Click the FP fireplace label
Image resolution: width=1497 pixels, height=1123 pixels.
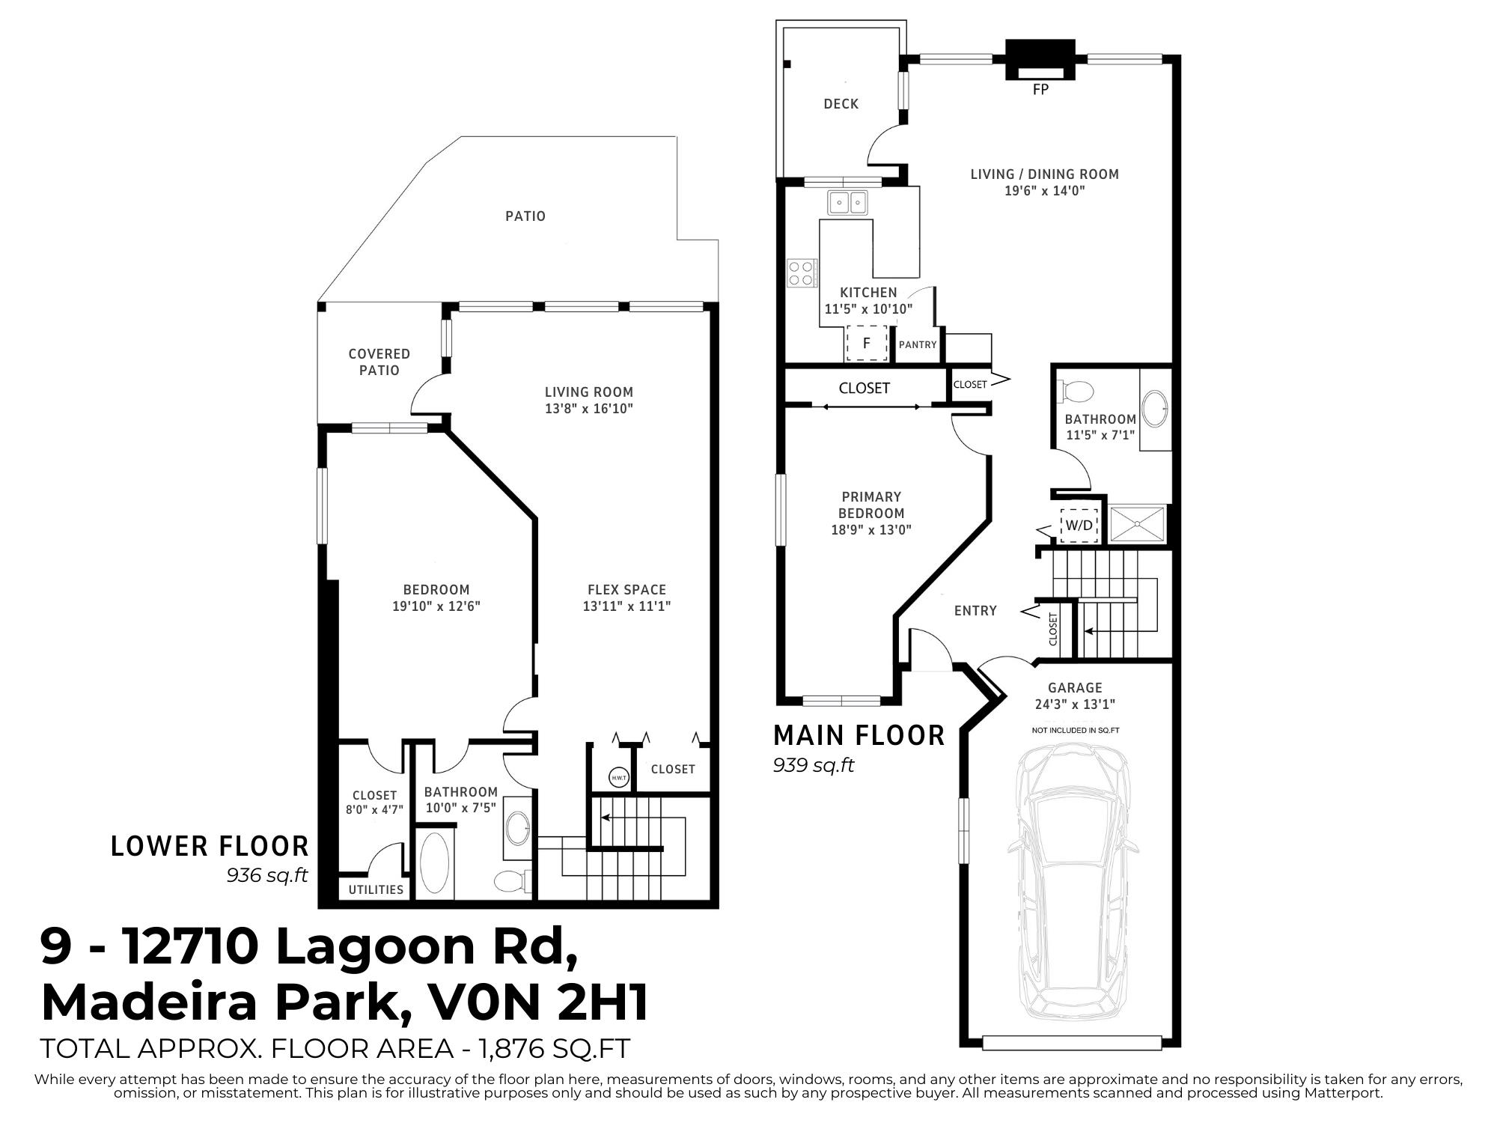click(x=1040, y=90)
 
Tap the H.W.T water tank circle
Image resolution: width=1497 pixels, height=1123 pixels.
click(x=619, y=778)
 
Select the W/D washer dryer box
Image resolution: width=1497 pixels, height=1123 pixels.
click(x=1079, y=525)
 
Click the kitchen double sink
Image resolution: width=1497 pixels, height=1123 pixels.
click(x=847, y=202)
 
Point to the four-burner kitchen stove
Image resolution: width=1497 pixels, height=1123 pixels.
click(x=802, y=273)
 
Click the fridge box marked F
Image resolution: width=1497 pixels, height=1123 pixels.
click(x=867, y=344)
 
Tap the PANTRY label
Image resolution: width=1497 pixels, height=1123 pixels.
click(x=918, y=345)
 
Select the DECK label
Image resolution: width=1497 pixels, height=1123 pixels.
click(x=841, y=104)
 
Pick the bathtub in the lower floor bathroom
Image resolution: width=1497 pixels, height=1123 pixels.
click(x=435, y=863)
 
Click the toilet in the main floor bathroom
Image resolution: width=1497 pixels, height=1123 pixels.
click(x=1075, y=391)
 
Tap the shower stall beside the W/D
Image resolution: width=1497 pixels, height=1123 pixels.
click(x=1137, y=523)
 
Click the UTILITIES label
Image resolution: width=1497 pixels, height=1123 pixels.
click(x=376, y=889)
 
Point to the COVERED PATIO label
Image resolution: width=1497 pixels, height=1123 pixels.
click(x=379, y=362)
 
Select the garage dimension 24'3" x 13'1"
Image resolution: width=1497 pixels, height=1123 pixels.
click(x=1075, y=704)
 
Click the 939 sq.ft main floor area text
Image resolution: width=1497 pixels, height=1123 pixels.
click(x=813, y=766)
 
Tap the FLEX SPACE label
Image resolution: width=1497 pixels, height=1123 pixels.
click(x=626, y=590)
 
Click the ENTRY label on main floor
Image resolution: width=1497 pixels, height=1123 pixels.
click(x=975, y=611)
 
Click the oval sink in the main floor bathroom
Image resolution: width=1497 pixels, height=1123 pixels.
click(x=1157, y=408)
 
